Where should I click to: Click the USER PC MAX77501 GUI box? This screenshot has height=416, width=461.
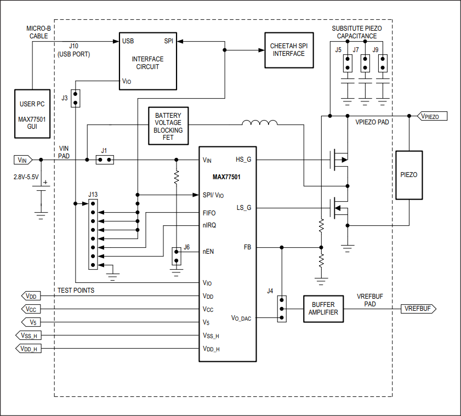33,114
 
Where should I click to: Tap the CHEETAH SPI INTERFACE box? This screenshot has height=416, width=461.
289,49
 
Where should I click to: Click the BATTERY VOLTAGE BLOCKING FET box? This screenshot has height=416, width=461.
168,126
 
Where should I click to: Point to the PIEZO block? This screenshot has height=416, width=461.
409,175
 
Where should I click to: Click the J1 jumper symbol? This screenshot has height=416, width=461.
105,160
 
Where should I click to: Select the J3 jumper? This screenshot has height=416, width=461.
76,99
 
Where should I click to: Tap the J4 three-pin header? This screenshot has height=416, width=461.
282,309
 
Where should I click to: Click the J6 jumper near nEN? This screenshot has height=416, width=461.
176,255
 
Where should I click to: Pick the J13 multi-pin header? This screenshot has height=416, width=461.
93,234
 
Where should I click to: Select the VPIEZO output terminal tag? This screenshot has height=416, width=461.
432,116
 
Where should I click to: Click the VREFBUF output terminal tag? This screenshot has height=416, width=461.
418,309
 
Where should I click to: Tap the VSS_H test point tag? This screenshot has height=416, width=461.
27,335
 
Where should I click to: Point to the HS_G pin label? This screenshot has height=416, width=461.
243,159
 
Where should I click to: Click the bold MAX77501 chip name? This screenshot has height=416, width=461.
227,177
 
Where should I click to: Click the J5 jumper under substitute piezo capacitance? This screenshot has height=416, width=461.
346,64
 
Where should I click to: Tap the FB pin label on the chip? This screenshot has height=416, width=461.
248,247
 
